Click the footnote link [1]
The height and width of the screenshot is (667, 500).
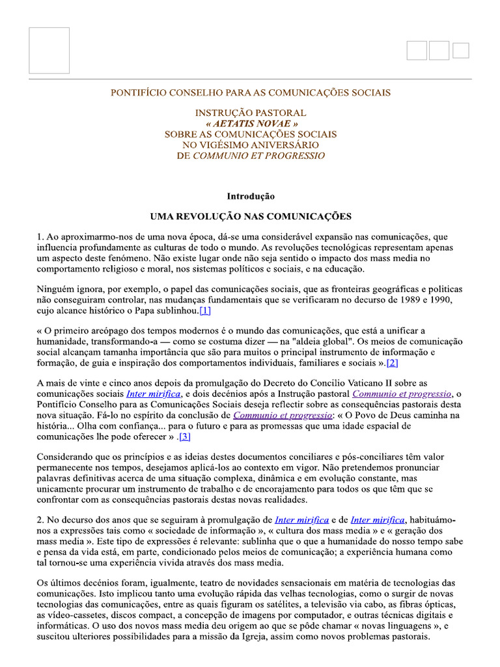coord(205,310)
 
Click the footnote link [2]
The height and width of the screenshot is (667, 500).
coord(392,362)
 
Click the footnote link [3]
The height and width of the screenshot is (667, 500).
coord(185,436)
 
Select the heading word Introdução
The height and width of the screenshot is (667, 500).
coord(251,196)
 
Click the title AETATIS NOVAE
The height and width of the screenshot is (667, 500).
coord(251,123)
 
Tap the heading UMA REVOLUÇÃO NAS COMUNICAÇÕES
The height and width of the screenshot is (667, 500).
coord(251,216)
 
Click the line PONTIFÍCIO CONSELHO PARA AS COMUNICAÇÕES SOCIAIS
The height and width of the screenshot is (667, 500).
coord(251,92)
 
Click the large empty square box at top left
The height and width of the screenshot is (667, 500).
coord(49,50)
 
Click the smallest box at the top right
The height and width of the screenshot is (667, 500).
coord(461,50)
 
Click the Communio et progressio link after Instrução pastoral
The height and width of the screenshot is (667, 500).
coord(402,393)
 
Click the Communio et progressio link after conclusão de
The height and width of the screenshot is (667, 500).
coord(282,415)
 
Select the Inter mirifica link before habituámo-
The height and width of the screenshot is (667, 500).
coord(378,519)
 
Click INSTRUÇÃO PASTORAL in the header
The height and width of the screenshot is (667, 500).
coord(251,113)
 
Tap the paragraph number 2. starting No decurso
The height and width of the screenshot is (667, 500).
coord(40,519)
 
